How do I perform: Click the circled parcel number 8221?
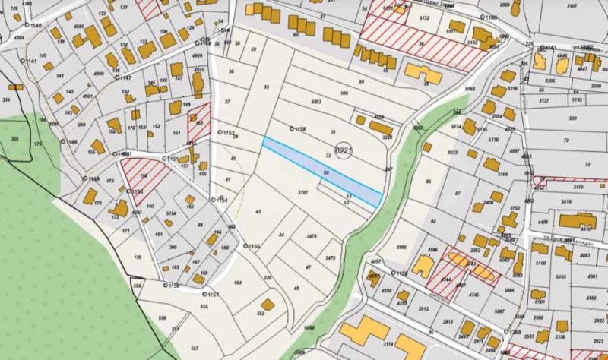click(x=344, y=152)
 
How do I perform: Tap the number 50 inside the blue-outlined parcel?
click(x=326, y=174)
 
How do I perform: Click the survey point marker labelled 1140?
click(x=27, y=26)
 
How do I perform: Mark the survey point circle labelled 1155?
click(x=245, y=246)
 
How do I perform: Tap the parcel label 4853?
click(x=315, y=102)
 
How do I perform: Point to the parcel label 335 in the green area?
click(x=14, y=140)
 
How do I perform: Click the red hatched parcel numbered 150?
click(x=198, y=122)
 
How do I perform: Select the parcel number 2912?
click(x=423, y=308)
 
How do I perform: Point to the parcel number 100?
click(x=344, y=93)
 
